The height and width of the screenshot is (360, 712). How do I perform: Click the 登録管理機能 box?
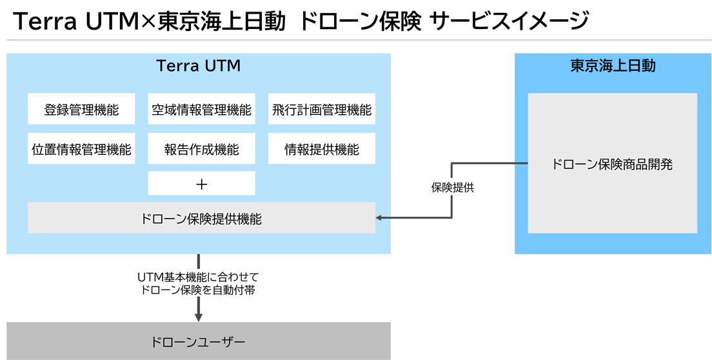tap(81, 109)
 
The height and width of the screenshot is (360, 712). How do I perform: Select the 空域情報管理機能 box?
tap(201, 109)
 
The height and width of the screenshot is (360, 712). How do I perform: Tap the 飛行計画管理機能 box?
tap(321, 109)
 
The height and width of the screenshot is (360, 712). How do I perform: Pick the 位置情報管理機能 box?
tap(81, 149)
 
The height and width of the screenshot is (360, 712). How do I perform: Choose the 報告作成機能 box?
tap(201, 149)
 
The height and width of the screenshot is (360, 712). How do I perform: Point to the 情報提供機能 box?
tap(321, 149)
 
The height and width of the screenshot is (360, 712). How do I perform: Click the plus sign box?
tap(201, 184)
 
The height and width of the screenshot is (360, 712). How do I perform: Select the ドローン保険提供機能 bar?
tap(201, 218)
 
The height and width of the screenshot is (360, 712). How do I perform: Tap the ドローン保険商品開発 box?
tap(612, 163)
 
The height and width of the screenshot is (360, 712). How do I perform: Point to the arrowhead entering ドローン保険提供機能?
tap(380, 218)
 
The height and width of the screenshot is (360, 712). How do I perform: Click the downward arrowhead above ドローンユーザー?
tap(199, 316)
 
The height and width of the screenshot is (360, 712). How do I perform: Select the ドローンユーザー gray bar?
tap(199, 341)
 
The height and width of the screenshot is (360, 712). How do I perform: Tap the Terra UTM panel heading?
tap(199, 66)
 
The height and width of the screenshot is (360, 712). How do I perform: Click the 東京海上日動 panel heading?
tap(612, 66)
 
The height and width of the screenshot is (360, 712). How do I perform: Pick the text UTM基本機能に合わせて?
tap(198, 276)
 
